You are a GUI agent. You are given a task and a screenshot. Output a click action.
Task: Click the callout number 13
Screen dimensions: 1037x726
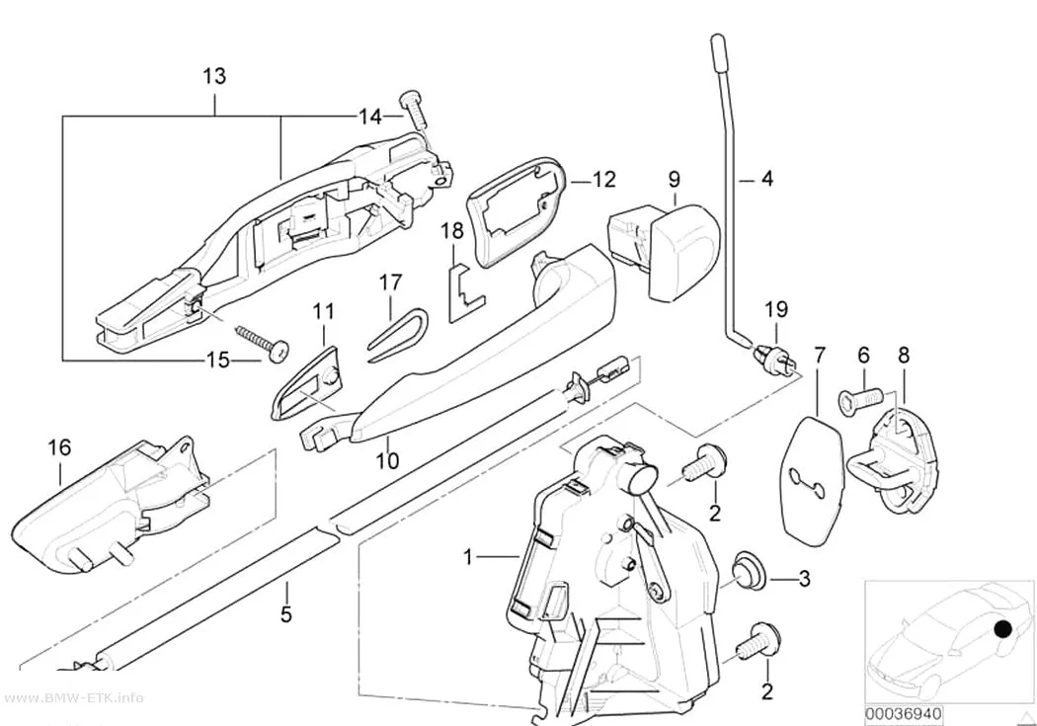pos(214,76)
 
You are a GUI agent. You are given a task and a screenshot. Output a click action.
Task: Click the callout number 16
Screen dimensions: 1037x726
pos(59,447)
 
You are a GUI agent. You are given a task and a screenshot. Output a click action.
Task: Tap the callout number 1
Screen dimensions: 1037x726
pos(468,557)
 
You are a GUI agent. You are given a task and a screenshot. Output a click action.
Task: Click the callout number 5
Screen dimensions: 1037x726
pos(285,614)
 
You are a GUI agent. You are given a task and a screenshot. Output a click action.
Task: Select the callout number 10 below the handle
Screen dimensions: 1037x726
pos(388,460)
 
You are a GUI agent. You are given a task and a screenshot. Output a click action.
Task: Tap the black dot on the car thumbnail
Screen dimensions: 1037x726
pos(1002,629)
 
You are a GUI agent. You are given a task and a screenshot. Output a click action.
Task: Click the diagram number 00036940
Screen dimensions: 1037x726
pos(904,714)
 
